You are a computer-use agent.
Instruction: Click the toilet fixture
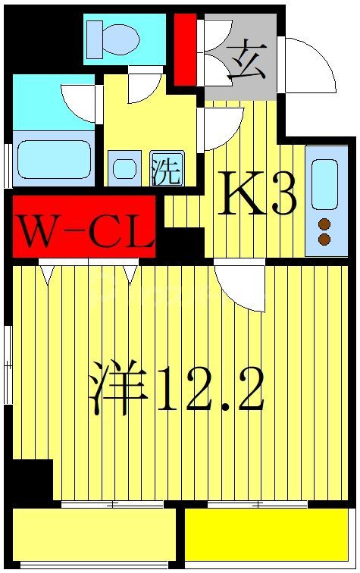pos(113,38)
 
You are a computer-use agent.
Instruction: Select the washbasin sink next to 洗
pos(124,169)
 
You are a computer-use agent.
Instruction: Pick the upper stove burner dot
pos(324,224)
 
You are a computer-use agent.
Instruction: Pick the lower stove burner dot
pos(324,240)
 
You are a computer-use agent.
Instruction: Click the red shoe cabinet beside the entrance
pos(185,49)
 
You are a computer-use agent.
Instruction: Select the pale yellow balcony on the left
pos(94,534)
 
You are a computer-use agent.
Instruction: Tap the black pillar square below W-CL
pos(180,244)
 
